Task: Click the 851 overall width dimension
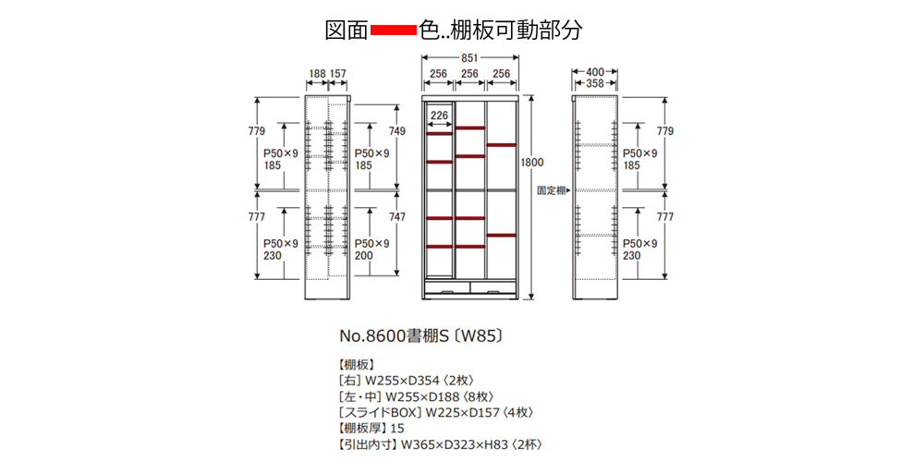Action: pyautogui.click(x=470, y=58)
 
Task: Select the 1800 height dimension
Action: pyautogui.click(x=531, y=163)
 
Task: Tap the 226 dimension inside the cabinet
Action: pyautogui.click(x=440, y=115)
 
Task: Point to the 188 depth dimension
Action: pyautogui.click(x=317, y=73)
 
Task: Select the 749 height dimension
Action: pyautogui.click(x=396, y=131)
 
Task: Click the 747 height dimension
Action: pyautogui.click(x=396, y=217)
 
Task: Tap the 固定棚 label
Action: pyautogui.click(x=552, y=190)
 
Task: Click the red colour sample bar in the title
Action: pyautogui.click(x=393, y=30)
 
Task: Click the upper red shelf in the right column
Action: pyautogui.click(x=502, y=145)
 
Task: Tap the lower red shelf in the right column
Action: pyautogui.click(x=502, y=236)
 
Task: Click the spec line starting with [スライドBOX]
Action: pyautogui.click(x=436, y=412)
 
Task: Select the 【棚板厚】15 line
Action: pyautogui.click(x=372, y=428)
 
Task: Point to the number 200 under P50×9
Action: pyautogui.click(x=364, y=256)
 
